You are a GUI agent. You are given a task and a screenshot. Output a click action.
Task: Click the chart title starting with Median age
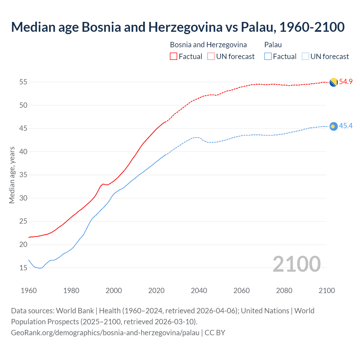click(x=178, y=27)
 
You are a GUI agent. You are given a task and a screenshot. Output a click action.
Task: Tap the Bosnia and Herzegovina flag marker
click(x=334, y=82)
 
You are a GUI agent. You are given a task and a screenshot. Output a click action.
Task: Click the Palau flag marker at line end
click(x=334, y=126)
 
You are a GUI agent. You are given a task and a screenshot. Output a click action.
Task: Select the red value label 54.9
click(x=346, y=82)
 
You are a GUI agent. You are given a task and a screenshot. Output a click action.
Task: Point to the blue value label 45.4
click(x=346, y=126)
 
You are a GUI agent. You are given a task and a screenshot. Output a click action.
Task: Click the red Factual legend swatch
click(x=174, y=57)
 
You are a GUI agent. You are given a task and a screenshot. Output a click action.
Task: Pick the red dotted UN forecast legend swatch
click(x=211, y=57)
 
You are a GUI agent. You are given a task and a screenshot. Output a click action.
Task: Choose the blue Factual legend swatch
click(x=268, y=57)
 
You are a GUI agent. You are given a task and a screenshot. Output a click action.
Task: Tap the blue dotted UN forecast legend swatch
click(x=305, y=57)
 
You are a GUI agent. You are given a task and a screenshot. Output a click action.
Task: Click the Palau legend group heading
click(x=273, y=45)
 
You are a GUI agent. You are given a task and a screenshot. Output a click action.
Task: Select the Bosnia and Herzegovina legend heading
click(x=208, y=45)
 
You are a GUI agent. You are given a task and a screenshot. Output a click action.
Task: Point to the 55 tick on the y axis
click(x=23, y=82)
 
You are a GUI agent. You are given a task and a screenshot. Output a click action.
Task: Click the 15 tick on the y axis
click(x=23, y=268)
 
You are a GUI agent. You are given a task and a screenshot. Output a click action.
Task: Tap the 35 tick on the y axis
click(x=23, y=175)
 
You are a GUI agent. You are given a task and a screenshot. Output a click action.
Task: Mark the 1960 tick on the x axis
click(x=29, y=291)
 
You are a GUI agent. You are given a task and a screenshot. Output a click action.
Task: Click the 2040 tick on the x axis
click(x=199, y=291)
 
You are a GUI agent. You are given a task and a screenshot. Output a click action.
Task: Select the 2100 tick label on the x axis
click(x=327, y=291)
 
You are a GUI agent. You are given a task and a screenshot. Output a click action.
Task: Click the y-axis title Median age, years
click(x=12, y=175)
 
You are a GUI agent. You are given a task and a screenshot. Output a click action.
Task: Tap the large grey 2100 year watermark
click(x=296, y=264)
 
